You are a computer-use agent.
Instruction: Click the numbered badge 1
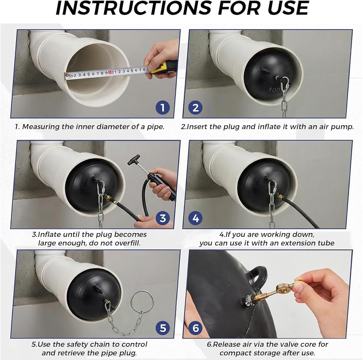pyautogui.click(x=163, y=108)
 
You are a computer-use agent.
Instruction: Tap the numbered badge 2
pyautogui.click(x=196, y=108)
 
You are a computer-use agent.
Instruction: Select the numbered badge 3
pyautogui.click(x=163, y=218)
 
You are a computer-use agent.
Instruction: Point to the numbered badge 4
pyautogui.click(x=196, y=218)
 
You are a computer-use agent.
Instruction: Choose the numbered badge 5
pyautogui.click(x=163, y=328)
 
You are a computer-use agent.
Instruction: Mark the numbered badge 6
pyautogui.click(x=196, y=328)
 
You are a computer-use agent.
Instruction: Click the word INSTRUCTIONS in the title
pyautogui.click(x=133, y=8)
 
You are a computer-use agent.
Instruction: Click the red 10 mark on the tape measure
pyautogui.click(x=111, y=73)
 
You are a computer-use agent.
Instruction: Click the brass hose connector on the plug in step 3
pyautogui.click(x=108, y=198)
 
